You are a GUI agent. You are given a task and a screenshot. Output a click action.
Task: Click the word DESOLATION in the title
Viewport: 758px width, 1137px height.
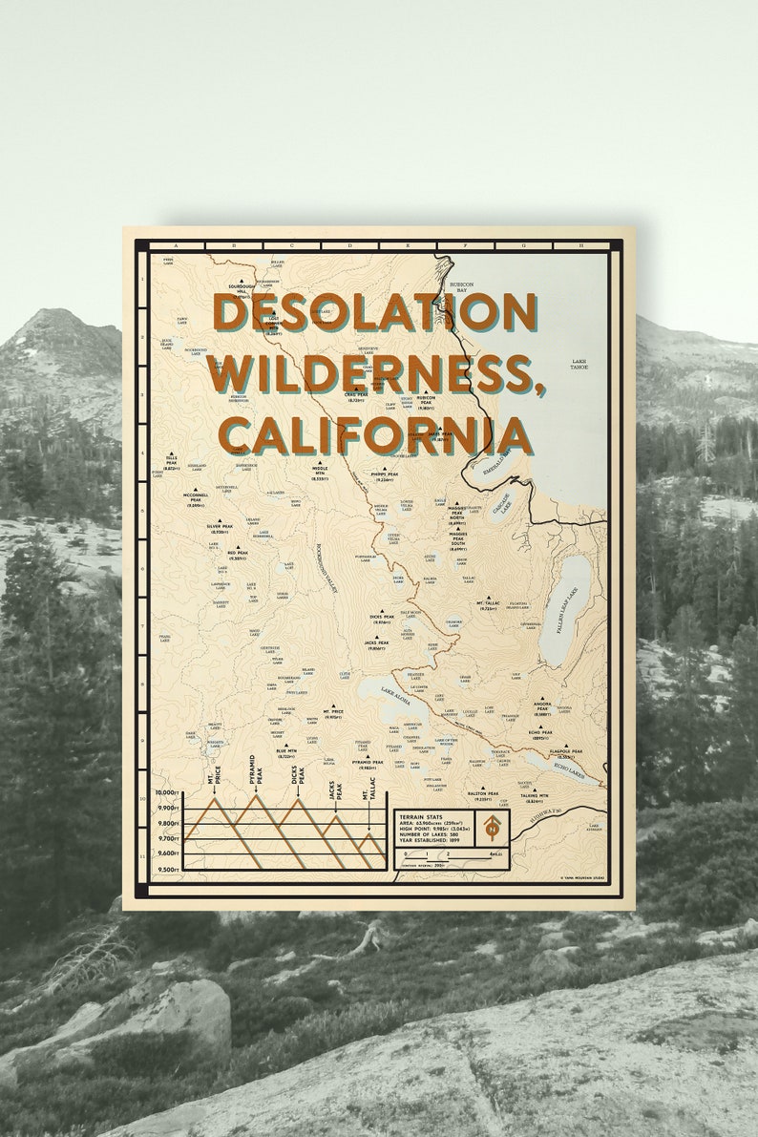(374, 312)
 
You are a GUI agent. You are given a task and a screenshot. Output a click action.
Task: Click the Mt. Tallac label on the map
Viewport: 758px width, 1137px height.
(489, 603)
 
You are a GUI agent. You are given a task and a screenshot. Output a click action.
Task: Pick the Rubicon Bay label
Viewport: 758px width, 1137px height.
(462, 287)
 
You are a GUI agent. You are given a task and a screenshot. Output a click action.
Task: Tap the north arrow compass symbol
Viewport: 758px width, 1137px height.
(492, 827)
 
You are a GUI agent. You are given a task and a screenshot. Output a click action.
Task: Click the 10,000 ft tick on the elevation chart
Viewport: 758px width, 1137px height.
(167, 794)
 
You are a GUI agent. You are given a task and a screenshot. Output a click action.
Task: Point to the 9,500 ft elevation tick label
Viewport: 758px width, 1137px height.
(167, 870)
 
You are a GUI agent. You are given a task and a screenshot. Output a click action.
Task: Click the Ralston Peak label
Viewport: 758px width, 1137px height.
(483, 793)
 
